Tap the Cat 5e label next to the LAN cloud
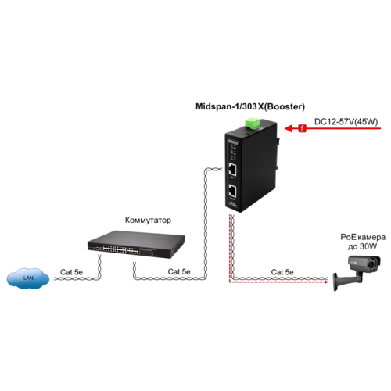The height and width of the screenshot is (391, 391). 72,271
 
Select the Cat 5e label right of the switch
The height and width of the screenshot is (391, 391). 179,271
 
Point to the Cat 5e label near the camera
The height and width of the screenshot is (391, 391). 282,271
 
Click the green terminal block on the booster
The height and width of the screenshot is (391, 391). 253,123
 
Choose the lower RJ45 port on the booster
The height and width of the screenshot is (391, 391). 233,191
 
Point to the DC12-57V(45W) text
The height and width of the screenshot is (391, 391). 345,121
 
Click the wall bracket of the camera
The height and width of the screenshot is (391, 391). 337,277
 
